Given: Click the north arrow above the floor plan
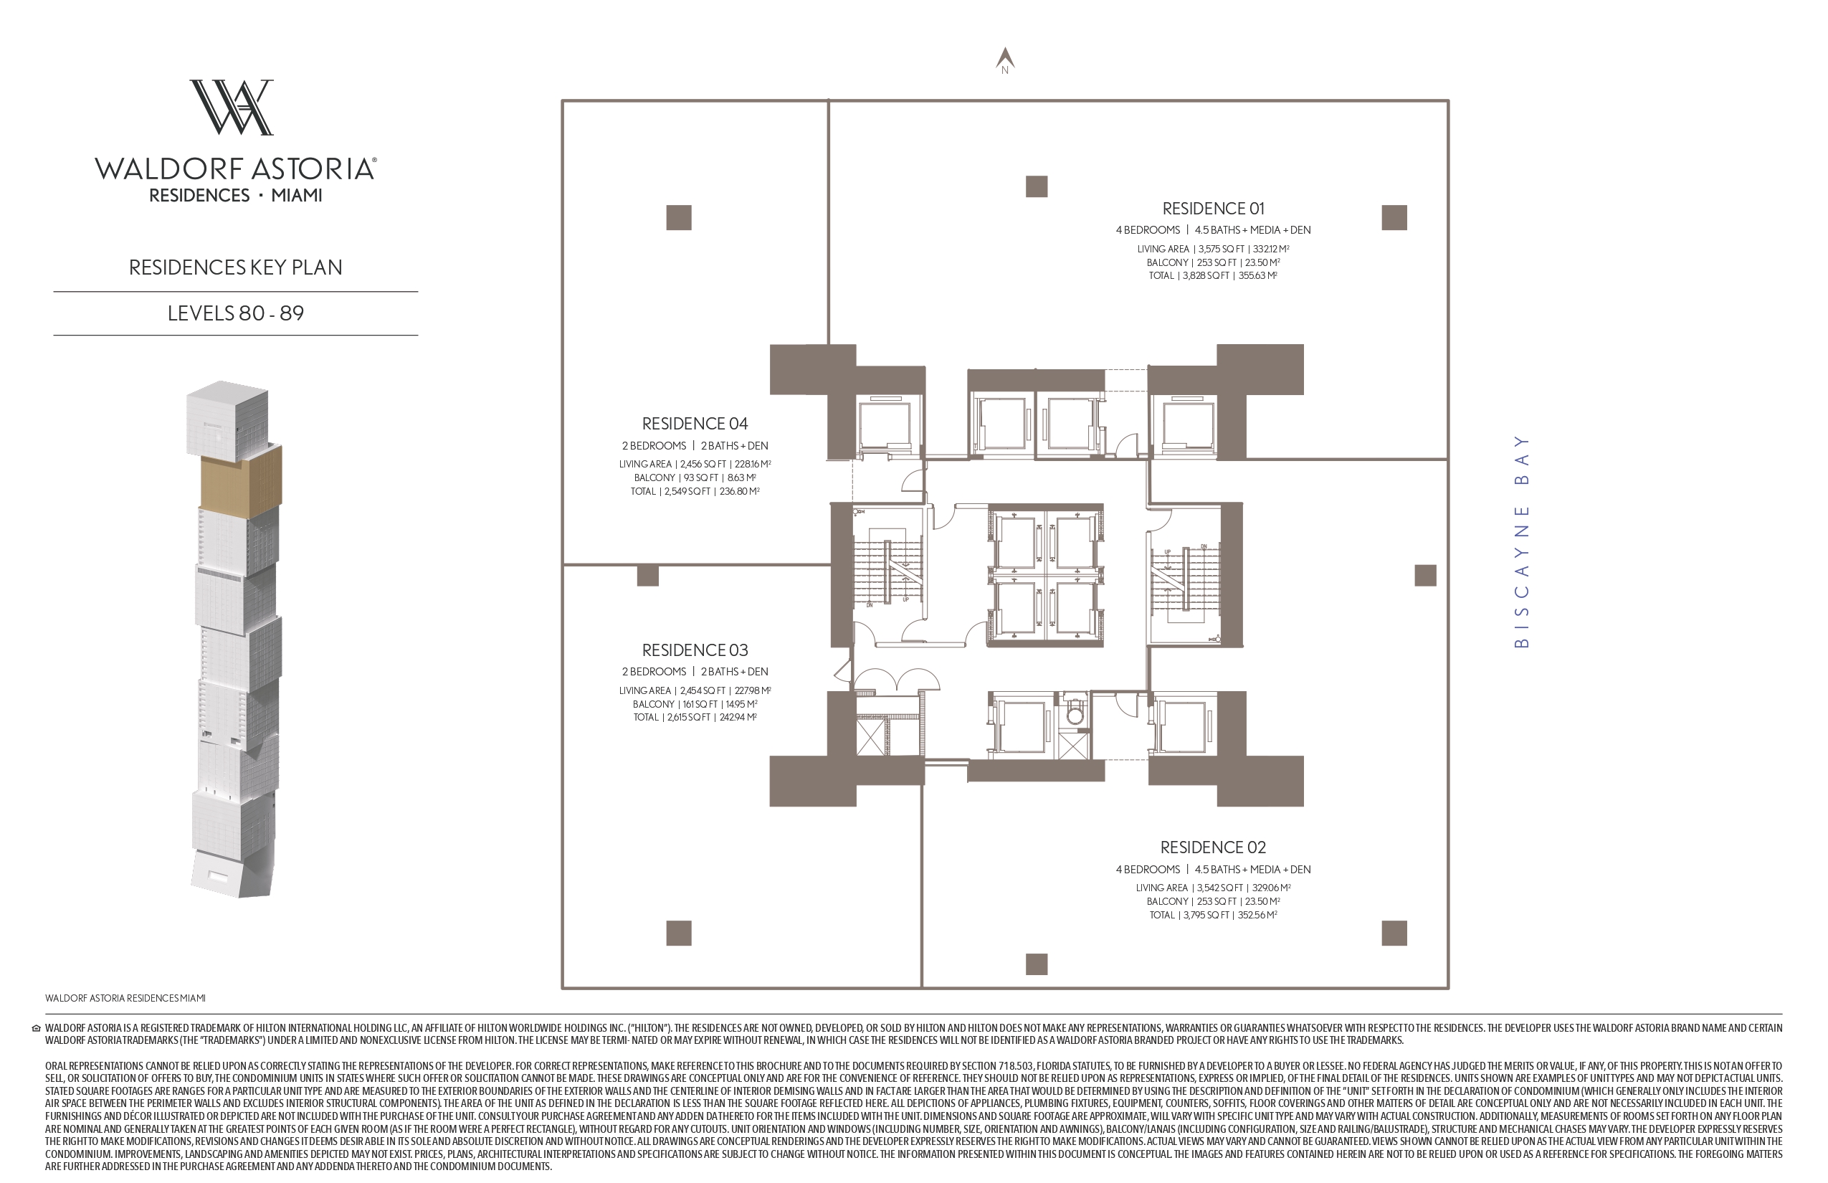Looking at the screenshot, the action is (1005, 57).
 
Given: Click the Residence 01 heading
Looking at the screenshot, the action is (1213, 208).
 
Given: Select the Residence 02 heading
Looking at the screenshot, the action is (1213, 847).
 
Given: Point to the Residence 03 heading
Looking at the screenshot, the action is (695, 650).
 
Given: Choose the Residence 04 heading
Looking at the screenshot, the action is (695, 423).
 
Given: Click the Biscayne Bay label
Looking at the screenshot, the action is (1521, 541).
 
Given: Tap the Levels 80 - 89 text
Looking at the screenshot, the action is (236, 313).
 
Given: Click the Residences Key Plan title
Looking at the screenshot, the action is (236, 267).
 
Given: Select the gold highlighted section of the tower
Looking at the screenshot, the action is (241, 480).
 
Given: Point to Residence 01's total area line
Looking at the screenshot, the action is (1213, 276).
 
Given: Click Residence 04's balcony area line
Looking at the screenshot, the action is (695, 478).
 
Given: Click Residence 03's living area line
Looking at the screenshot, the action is (695, 690).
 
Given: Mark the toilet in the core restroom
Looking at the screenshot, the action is (1075, 712).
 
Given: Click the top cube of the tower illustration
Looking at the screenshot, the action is (227, 418).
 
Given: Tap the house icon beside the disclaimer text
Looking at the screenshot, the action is (36, 1029).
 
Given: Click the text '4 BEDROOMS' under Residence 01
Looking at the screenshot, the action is (1148, 229).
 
